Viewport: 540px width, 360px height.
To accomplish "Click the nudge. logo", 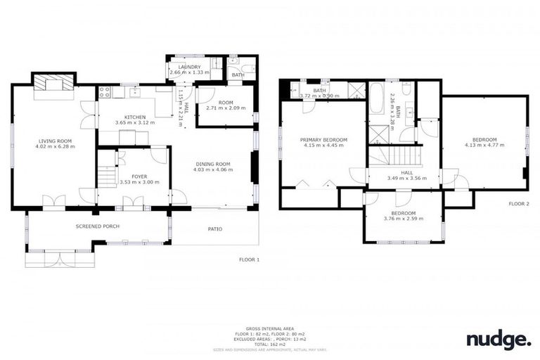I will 499,340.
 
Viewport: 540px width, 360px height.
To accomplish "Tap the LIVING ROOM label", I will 53,141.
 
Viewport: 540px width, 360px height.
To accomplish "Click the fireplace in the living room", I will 53,85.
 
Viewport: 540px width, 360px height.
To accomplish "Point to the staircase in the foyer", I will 106,176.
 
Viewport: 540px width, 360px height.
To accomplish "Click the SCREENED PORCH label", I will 97,226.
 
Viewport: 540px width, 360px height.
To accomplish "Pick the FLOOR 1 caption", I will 249,259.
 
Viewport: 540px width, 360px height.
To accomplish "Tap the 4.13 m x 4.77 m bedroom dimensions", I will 484,145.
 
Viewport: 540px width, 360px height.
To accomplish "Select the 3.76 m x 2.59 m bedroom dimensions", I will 403,219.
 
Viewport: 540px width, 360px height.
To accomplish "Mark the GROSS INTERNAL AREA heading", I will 269,328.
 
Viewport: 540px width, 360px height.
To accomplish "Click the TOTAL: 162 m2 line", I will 269,343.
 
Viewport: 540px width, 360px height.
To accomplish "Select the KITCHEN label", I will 134,117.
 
